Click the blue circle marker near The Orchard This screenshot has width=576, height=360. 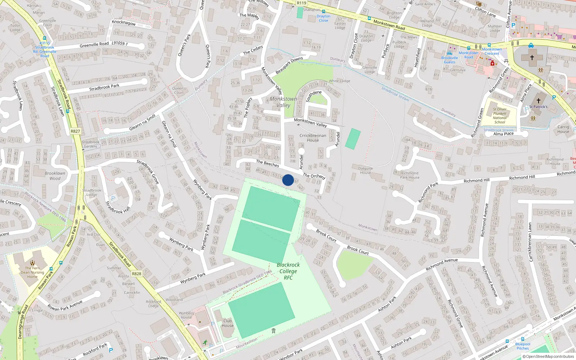coord(288,180)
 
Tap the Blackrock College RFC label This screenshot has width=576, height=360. coord(288,271)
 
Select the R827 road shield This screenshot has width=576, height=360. coord(75,131)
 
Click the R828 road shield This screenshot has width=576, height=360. coord(136,274)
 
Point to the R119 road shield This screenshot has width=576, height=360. coord(301,3)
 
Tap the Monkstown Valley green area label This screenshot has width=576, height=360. coord(284,102)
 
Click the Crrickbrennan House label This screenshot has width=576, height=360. coord(313,138)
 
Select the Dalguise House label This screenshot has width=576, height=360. coord(365,170)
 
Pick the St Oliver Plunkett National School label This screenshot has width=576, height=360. coord(500,116)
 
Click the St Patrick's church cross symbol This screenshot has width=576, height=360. coord(539,101)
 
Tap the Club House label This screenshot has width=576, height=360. coord(228,323)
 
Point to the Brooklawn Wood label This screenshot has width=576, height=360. coord(55,176)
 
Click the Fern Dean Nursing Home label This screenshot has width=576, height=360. coord(32,272)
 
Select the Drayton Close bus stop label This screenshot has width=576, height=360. coord(323,18)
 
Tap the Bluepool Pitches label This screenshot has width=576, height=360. coord(523,346)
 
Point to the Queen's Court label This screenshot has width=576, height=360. coord(179,90)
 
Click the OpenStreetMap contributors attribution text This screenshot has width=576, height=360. coord(548,356)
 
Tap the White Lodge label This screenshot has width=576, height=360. coord(339,81)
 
